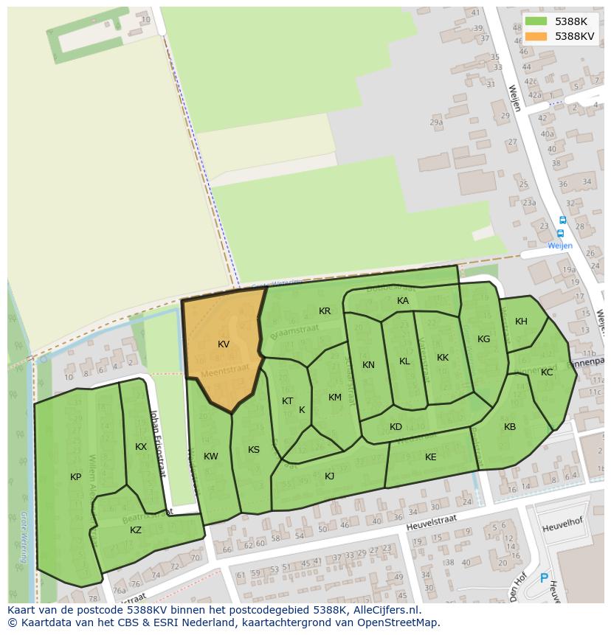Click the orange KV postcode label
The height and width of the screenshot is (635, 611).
[224, 344]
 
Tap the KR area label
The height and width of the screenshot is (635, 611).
[325, 311]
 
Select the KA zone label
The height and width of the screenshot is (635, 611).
[403, 301]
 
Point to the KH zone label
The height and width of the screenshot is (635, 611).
[522, 322]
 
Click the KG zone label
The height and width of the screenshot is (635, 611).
[483, 339]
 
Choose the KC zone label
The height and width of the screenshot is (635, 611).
[547, 372]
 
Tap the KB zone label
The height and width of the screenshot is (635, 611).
[510, 427]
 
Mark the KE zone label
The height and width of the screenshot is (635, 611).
[431, 457]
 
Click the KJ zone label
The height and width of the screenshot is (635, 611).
[330, 476]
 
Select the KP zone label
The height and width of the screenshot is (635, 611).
[76, 477]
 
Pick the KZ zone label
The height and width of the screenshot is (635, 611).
[136, 530]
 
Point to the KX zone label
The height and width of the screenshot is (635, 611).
[141, 447]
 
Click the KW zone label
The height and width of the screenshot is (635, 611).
[211, 457]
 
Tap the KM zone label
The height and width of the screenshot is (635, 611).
[335, 398]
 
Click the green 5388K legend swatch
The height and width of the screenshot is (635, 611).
[536, 21]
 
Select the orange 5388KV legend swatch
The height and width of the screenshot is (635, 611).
[536, 36]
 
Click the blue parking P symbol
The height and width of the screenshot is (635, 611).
[545, 579]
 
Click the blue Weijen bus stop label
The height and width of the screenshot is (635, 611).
[559, 246]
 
